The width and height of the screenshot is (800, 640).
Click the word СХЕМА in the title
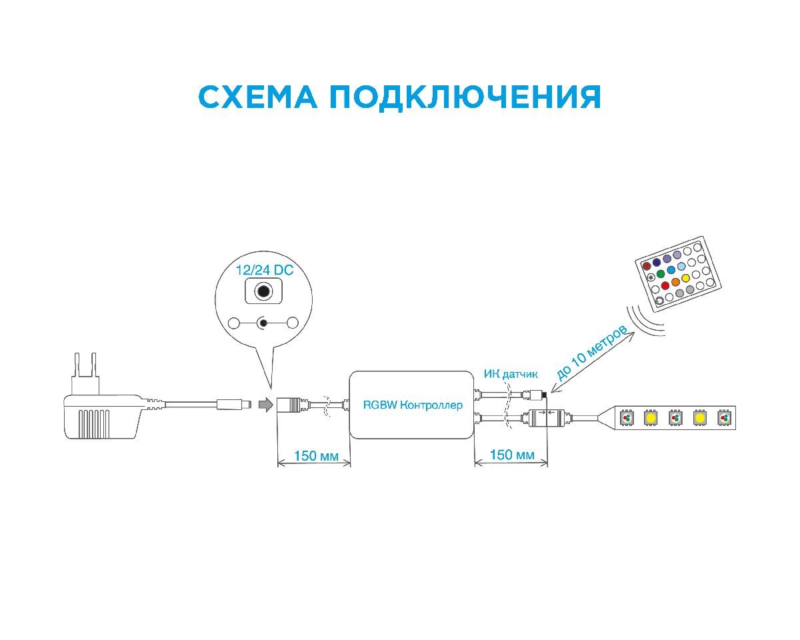pyautogui.click(x=256, y=97)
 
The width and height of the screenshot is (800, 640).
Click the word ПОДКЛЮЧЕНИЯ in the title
pyautogui.click(x=465, y=97)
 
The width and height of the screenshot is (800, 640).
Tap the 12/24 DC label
pyautogui.click(x=264, y=271)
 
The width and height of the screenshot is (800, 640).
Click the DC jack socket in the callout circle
pyautogui.click(x=264, y=291)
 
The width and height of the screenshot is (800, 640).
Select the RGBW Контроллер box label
pyautogui.click(x=412, y=405)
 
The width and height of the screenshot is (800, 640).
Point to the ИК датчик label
pyautogui.click(x=510, y=374)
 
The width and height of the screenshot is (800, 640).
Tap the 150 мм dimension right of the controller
pyautogui.click(x=511, y=455)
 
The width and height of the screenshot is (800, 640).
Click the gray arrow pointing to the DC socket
pyautogui.click(x=265, y=405)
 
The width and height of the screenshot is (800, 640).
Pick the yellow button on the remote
pyautogui.click(x=685, y=277)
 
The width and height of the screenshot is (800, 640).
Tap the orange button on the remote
pyautogui.click(x=675, y=282)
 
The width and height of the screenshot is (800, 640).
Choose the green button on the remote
pyautogui.click(x=661, y=273)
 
